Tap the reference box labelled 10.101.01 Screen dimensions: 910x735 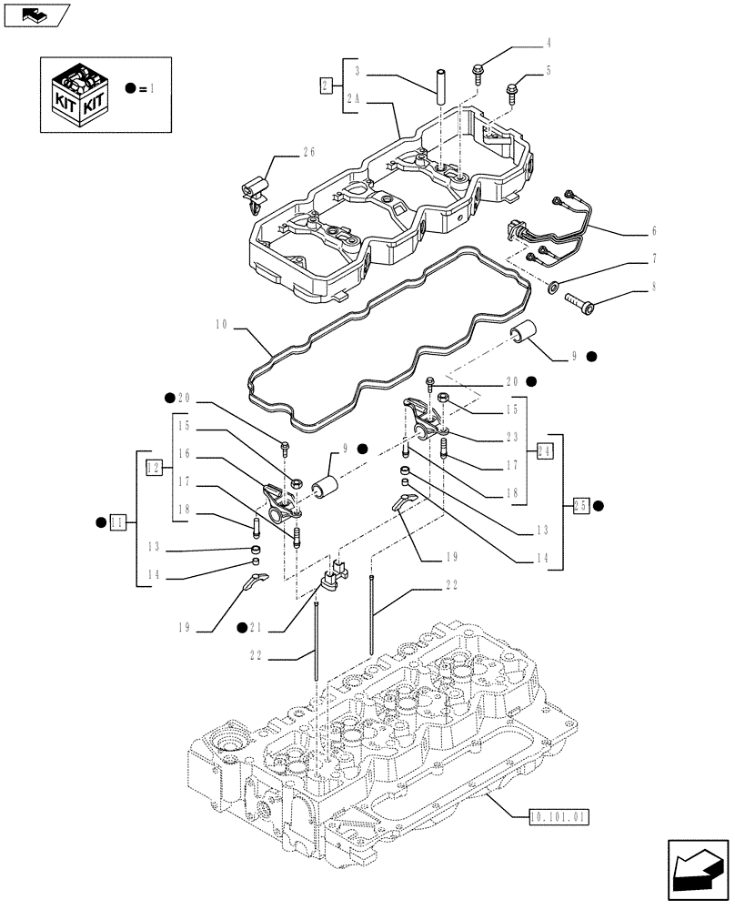(x=559, y=817)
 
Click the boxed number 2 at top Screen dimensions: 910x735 (x=326, y=86)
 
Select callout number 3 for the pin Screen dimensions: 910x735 (x=357, y=70)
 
